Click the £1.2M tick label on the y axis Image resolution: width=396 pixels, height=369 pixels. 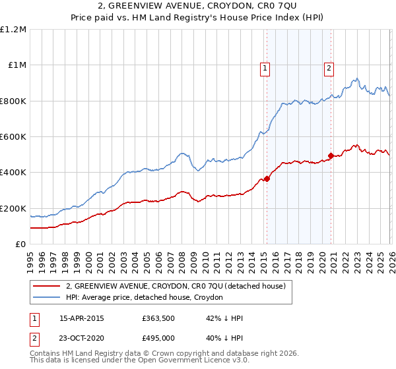13,29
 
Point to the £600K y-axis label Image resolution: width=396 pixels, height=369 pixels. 13,136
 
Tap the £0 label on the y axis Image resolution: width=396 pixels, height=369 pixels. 21,244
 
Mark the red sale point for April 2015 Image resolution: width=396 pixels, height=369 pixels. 267,179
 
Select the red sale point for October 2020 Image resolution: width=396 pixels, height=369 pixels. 331,156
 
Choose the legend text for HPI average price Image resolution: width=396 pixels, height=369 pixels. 145,298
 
